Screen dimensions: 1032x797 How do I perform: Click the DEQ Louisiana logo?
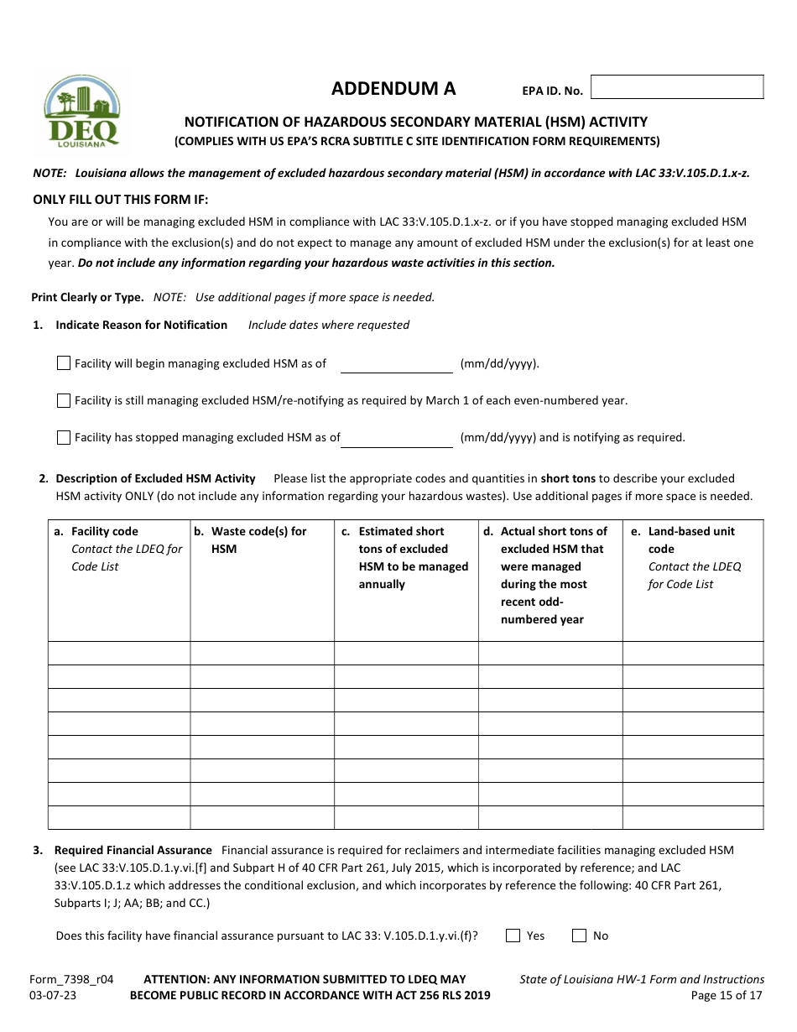point(81,112)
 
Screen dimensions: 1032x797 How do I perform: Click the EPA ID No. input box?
point(677,87)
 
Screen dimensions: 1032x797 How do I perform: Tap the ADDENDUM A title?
point(393,89)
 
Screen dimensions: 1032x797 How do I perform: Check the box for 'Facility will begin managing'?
point(64,363)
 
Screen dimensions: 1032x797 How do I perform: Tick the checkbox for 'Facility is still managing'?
point(64,400)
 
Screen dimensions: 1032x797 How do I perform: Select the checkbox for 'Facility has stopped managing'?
point(64,437)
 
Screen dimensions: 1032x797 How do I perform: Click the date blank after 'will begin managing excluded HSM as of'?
point(396,364)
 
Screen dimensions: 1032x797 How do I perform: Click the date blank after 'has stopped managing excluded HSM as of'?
point(396,438)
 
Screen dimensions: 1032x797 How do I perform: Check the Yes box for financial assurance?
point(513,936)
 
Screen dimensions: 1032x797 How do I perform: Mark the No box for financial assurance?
point(579,936)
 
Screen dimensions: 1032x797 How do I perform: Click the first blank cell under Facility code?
point(119,653)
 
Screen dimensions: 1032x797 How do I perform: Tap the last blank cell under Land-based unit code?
point(692,817)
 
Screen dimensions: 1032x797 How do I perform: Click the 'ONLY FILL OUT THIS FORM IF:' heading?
point(120,199)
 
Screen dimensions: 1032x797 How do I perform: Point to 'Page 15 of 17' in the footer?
point(727,996)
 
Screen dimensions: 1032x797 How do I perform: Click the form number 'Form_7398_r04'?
point(71,979)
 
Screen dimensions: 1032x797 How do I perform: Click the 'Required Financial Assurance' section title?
point(133,850)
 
